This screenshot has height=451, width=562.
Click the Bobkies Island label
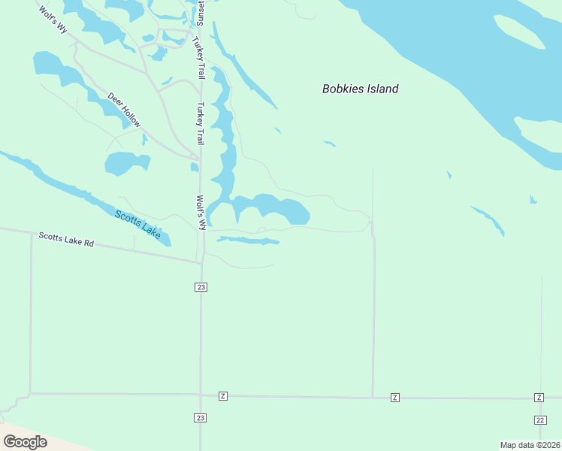tap(360, 89)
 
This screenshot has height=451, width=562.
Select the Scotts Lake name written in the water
tap(137, 225)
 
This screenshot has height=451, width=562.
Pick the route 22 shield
tap(540, 419)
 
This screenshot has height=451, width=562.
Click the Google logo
tap(25, 442)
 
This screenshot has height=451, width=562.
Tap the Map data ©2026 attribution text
tap(530, 444)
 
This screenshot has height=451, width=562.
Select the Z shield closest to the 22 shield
tap(539, 397)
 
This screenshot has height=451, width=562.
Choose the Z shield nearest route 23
tap(222, 396)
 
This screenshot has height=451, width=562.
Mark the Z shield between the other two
tap(394, 397)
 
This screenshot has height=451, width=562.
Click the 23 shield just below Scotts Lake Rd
tap(201, 287)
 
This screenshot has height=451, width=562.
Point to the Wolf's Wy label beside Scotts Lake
tap(201, 213)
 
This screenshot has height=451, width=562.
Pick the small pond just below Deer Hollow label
tap(126, 163)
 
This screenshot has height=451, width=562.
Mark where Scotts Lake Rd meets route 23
tap(201, 263)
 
